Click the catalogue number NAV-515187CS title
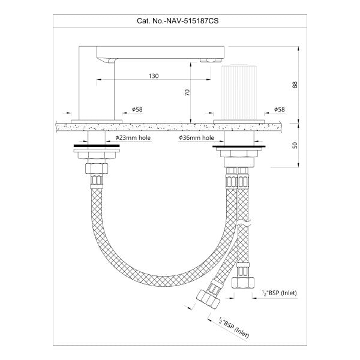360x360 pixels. click(x=178, y=21)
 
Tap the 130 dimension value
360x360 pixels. click(x=154, y=76)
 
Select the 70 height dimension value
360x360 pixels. click(x=187, y=92)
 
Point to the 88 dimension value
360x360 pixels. click(x=295, y=85)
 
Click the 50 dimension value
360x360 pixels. click(x=295, y=145)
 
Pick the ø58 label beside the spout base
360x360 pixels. click(x=137, y=109)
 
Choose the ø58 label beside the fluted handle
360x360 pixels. click(x=280, y=109)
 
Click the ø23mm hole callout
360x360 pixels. click(x=133, y=138)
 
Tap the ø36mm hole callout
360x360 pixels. click(x=197, y=138)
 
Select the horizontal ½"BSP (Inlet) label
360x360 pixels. click(x=280, y=293)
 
